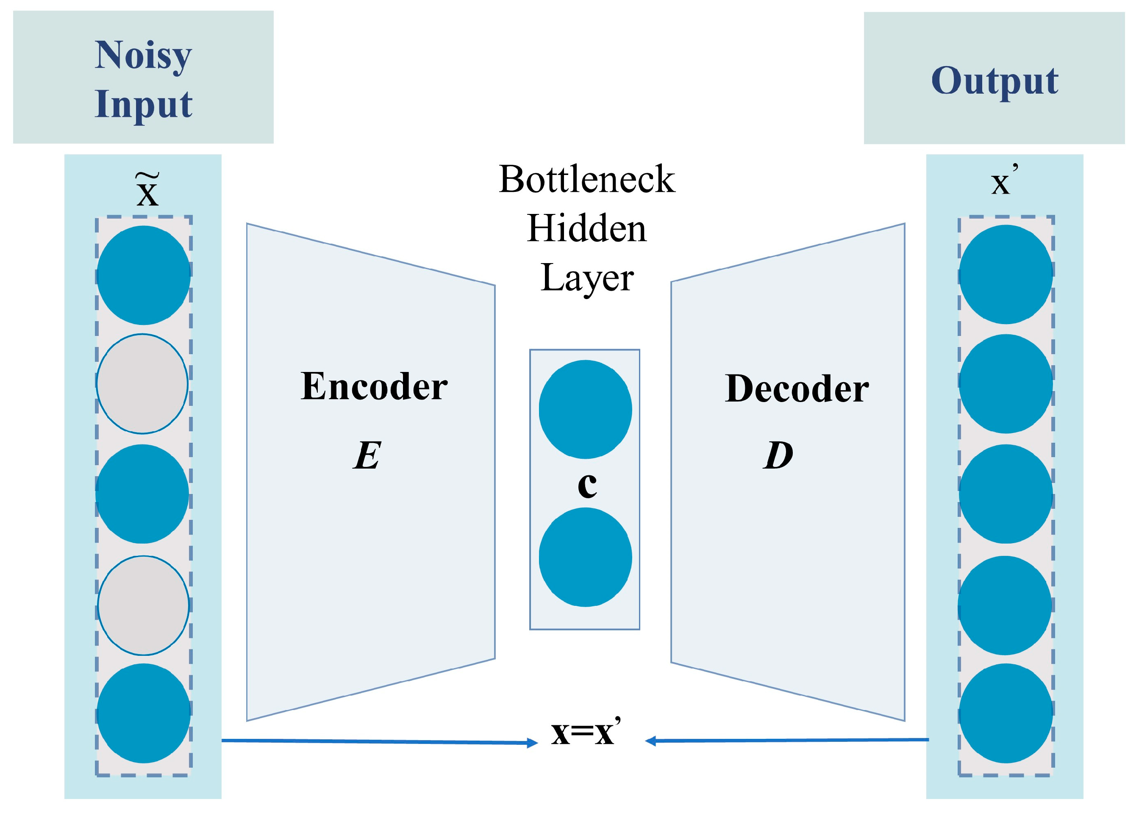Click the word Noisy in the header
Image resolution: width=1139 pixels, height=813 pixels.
point(143,55)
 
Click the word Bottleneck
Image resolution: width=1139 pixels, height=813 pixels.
point(587,179)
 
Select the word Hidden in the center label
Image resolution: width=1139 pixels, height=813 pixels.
point(587,228)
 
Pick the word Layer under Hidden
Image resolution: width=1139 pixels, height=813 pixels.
point(587,278)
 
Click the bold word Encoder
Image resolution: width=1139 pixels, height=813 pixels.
point(374,386)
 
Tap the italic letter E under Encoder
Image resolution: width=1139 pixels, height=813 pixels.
point(367,455)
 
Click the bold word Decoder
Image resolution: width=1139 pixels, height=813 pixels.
point(797,388)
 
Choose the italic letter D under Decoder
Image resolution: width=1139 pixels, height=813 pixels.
point(778,455)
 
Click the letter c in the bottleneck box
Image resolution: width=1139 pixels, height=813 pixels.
point(587,485)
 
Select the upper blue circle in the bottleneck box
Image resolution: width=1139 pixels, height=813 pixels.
point(585,410)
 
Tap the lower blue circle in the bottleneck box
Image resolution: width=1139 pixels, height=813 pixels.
point(585,557)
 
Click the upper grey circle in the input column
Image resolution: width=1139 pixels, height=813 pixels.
point(142,384)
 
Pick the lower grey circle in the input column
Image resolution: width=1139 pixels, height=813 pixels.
point(143,605)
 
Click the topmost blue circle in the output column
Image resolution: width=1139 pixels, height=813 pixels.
point(1006,275)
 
